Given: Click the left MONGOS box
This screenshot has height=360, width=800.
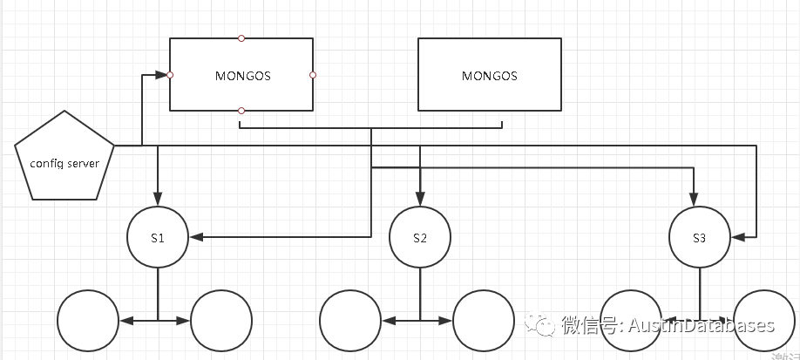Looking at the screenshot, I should pos(241,75).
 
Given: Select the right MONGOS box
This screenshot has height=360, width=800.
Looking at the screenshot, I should pos(489,75).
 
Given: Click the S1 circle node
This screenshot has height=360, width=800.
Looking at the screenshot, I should pos(158,236).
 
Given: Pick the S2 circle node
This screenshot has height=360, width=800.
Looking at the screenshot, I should pos(420,236).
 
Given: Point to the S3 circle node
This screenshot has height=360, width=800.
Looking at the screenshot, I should pos(700,236).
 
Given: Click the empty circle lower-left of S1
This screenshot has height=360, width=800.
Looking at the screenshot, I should pos(87,321).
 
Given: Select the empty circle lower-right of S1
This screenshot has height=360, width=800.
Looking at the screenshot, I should pos(220,321).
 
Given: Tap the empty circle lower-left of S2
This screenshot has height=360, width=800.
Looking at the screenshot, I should pos(350,321).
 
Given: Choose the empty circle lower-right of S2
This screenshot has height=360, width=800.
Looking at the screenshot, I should pos(484,321).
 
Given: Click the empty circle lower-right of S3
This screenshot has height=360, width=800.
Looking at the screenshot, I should pos(765,321).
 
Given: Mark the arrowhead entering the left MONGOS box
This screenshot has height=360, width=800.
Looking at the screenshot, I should pos(162,75).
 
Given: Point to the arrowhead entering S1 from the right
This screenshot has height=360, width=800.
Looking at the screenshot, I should pos(196,236).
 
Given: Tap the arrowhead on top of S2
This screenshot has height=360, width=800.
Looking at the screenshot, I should pos(420,196).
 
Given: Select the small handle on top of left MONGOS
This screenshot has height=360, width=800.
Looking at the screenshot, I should pos(241,38).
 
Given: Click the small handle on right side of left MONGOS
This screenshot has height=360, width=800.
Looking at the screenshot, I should pos(313,75).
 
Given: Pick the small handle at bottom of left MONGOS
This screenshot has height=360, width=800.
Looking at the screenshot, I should pos(241,111).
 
